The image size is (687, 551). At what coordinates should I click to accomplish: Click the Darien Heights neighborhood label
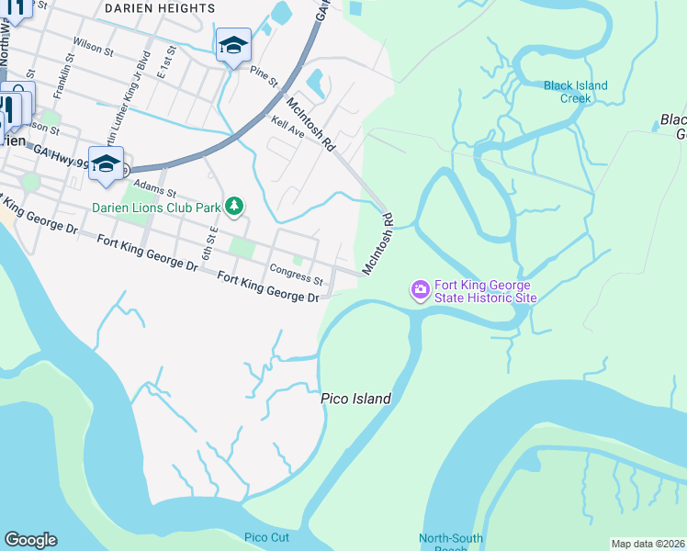(160, 8)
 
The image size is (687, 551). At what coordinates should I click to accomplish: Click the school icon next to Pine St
(233, 44)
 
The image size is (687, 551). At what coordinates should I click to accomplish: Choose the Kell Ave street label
(287, 127)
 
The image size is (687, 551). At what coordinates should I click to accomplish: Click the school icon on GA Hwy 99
(106, 163)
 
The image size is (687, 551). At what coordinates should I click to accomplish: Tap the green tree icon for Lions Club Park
(234, 206)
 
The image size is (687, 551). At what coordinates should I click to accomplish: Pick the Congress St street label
(297, 273)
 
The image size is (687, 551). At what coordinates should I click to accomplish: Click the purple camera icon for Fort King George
(420, 290)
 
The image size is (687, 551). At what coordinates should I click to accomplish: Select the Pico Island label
(355, 399)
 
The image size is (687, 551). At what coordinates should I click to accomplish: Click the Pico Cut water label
(266, 537)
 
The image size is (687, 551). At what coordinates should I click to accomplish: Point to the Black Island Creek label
(575, 92)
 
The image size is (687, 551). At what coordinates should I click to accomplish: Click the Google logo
(30, 539)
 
